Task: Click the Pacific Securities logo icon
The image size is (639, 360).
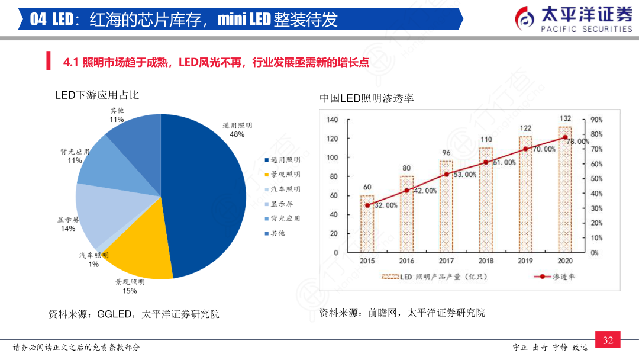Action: point(525,18)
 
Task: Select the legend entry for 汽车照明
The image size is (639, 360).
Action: point(282,189)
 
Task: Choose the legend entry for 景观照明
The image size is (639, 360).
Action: point(282,174)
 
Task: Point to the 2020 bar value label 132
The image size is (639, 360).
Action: point(565,118)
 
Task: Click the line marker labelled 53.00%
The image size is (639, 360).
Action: point(447,175)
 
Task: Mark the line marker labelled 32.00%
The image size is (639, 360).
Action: point(367,205)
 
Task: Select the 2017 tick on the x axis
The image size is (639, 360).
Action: point(446,261)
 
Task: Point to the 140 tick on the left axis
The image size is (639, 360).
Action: point(333,120)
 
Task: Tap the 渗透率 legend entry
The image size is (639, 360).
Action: point(554,277)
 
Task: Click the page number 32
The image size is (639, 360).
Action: point(608,340)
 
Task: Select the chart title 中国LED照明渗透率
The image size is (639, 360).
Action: point(367,98)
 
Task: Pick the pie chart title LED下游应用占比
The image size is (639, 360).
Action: point(97,95)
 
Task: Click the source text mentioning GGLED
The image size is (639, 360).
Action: point(134,314)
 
